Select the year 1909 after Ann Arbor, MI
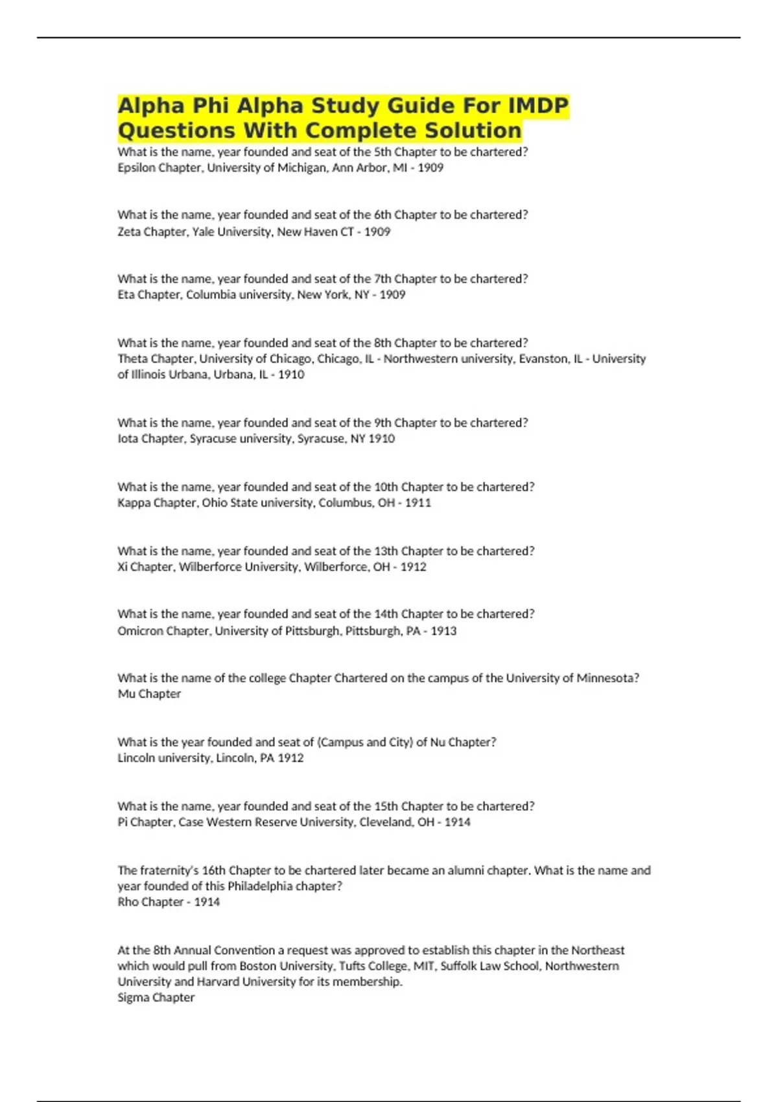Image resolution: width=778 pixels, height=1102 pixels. (430, 168)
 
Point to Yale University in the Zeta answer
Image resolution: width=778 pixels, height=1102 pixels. (231, 231)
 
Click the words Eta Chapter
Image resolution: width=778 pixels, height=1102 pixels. (150, 295)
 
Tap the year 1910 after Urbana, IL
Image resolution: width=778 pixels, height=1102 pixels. (291, 375)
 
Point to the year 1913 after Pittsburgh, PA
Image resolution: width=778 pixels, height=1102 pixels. (443, 631)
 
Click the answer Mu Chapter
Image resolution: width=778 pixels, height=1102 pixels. (149, 694)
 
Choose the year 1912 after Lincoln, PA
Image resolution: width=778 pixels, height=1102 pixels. (290, 758)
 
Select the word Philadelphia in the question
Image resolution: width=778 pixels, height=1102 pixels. (260, 886)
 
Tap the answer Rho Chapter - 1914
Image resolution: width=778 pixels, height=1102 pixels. (169, 902)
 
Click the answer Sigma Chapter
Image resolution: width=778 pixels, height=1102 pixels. (156, 998)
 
